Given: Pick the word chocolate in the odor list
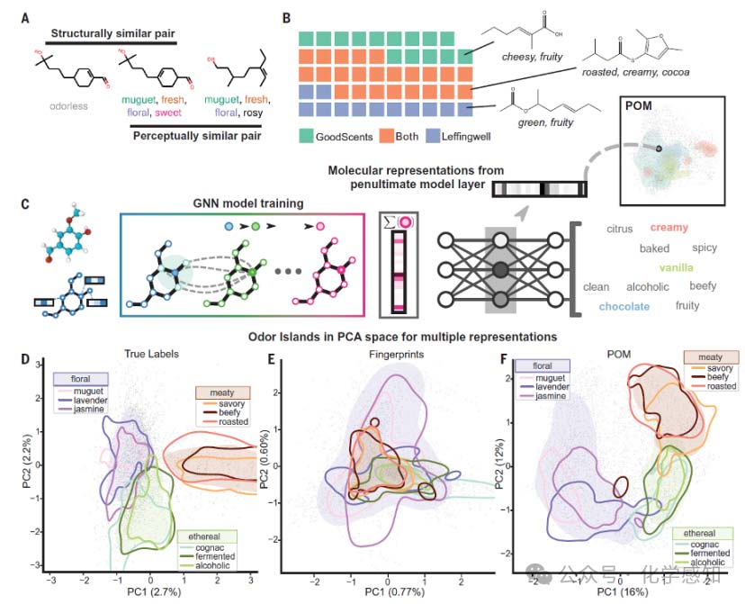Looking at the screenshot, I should pos(624,306).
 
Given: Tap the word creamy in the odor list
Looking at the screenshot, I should pos(669,229).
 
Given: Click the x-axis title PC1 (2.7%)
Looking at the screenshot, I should pos(148,595).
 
